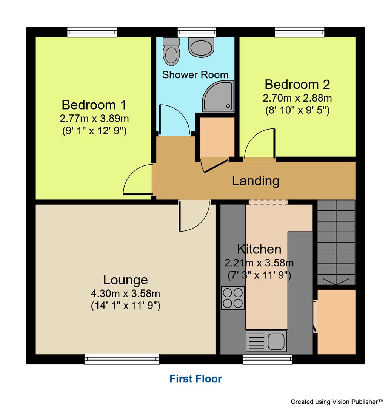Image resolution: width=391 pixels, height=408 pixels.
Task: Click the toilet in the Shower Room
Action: coord(171,53)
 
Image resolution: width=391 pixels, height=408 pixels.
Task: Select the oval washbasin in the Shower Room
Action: coord(201,47)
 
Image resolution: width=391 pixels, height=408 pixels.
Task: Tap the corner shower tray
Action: coord(218,97)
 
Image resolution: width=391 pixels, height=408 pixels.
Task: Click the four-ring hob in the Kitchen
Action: coord(233,298)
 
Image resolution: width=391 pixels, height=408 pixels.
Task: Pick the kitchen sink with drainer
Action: coord(266,340)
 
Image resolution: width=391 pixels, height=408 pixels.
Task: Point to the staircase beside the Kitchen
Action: coord(336,242)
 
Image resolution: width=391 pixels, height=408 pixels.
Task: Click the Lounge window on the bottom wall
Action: coord(122,359)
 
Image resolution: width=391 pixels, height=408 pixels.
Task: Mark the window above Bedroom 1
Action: coord(92,32)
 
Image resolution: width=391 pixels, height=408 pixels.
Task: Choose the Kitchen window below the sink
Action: coord(268,359)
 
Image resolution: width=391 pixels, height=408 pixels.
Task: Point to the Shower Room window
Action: coord(197,32)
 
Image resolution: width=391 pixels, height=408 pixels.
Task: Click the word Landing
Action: coord(256,181)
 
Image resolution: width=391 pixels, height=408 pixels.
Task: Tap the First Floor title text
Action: coord(195,379)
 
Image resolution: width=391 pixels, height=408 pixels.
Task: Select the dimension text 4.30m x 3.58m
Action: coord(126,293)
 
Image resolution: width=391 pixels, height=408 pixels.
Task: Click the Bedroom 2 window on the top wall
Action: coord(300,32)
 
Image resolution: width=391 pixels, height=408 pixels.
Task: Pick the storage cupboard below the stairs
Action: coord(336,321)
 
